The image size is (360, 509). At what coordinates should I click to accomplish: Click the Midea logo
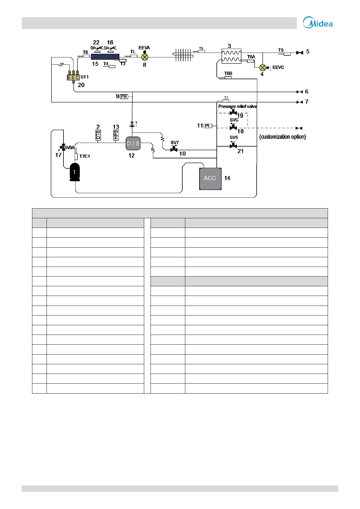coord(318,23)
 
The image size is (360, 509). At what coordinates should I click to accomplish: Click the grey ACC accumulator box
coord(210,178)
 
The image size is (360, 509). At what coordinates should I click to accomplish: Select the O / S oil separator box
coord(133,143)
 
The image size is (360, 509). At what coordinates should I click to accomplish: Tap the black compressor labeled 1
coord(75,172)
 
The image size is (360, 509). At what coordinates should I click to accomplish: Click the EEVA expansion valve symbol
coord(145,57)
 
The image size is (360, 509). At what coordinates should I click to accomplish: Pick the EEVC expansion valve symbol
coord(263,67)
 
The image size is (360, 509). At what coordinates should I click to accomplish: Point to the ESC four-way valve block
coord(73,78)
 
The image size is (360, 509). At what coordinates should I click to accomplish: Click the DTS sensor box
coord(98,135)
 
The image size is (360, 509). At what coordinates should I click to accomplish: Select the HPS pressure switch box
coord(116,135)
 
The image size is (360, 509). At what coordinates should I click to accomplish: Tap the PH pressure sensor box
coord(124,96)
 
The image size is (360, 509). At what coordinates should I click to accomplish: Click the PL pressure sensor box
coord(208,126)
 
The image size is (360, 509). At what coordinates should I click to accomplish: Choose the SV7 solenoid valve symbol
coord(174,149)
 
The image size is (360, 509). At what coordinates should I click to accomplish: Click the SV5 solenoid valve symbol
coord(233,146)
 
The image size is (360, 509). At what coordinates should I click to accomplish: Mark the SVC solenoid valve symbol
coord(233,128)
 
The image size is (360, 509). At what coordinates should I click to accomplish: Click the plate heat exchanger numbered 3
coord(231,56)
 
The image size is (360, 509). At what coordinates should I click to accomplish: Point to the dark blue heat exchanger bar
coord(105,57)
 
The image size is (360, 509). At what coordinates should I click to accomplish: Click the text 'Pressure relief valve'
coord(238,106)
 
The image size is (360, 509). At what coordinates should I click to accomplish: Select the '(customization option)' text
coord(283,137)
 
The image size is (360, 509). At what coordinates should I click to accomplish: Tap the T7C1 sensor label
coord(85,156)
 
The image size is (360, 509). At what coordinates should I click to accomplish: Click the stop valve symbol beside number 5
coord(300,53)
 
